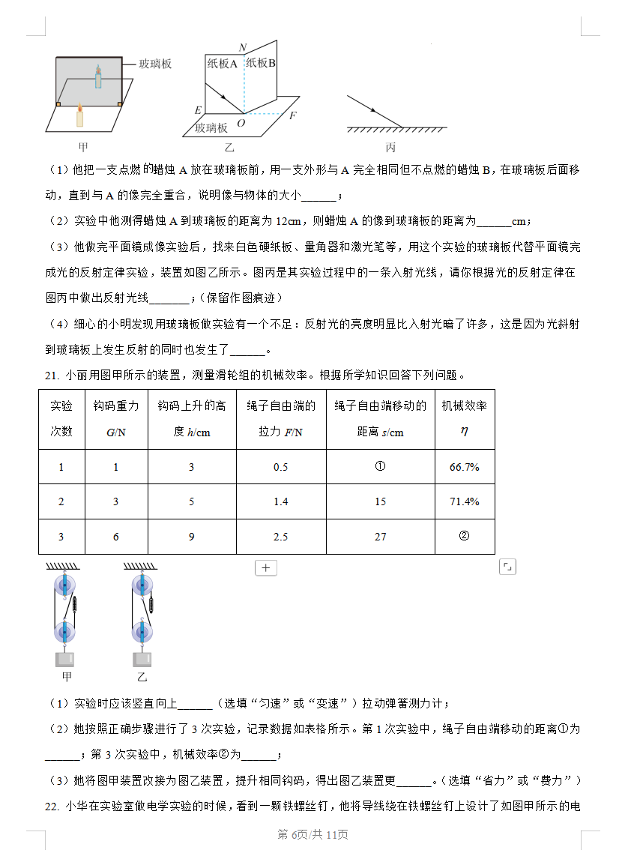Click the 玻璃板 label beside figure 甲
tap(155, 64)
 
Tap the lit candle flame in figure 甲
tap(79, 110)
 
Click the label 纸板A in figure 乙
tap(222, 64)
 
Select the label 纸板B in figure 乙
tap(262, 63)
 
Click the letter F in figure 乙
tap(292, 115)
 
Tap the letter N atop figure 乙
tap(242, 48)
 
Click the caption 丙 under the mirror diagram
tap(390, 147)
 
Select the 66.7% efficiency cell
tap(464, 467)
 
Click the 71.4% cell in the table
tap(464, 501)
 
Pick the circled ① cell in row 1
tap(380, 466)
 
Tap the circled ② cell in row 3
tap(464, 536)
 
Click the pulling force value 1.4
tap(281, 501)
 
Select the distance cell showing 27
tap(380, 537)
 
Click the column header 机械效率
tap(464, 406)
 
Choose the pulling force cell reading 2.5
tap(281, 537)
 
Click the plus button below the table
tap(266, 567)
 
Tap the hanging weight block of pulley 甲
tap(65, 659)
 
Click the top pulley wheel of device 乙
tap(142, 586)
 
